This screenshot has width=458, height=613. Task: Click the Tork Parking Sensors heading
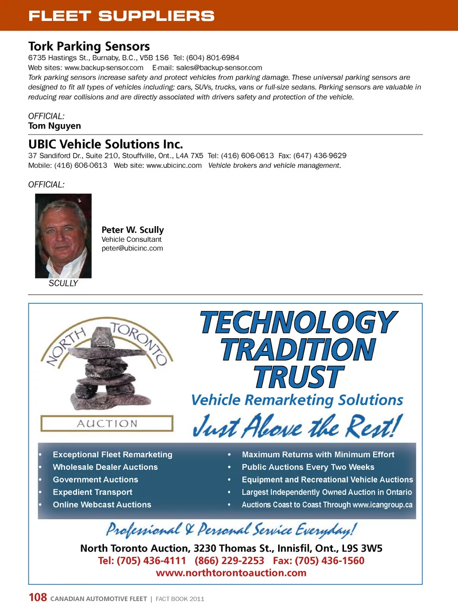89,46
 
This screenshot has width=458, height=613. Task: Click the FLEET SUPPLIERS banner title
121,16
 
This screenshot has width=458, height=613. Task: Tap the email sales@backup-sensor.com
219,68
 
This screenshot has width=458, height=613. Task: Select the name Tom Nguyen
54,126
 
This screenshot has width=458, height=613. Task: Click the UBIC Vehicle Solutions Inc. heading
105,144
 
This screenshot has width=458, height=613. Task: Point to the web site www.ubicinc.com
174,166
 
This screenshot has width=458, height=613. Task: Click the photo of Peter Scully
63,236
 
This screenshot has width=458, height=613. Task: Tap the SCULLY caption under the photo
63,283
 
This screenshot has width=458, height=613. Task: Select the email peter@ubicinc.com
132,248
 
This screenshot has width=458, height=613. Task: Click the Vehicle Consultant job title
132,239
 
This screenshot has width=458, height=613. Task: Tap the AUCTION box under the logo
107,424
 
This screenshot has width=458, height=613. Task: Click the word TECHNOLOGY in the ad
298,323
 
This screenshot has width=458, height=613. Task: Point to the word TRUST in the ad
298,377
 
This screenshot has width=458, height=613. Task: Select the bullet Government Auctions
95,479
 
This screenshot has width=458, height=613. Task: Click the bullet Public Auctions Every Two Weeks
308,467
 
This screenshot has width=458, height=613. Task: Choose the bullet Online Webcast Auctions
102,505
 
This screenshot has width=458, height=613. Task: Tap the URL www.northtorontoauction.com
231,573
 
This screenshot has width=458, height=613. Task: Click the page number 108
38,597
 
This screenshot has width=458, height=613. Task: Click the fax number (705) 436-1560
330,561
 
